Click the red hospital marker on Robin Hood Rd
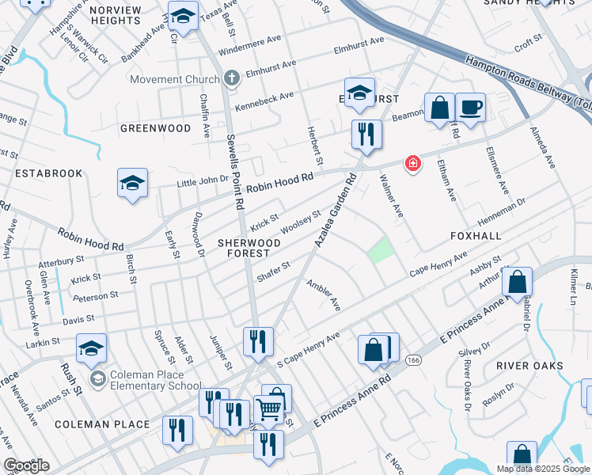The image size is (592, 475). pos(412,164)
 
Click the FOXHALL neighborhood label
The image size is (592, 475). pos(476,236)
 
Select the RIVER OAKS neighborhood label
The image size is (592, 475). pos(529,366)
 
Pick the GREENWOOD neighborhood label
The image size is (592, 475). pos(155,127)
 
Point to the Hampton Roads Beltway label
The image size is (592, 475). pos(527,83)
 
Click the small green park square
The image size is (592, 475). pos(381,251)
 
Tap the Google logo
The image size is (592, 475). pos(26,465)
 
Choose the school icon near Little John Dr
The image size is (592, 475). pos(132,184)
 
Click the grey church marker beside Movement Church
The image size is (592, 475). pos(231,78)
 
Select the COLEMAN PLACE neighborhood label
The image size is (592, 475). pos(102,424)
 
